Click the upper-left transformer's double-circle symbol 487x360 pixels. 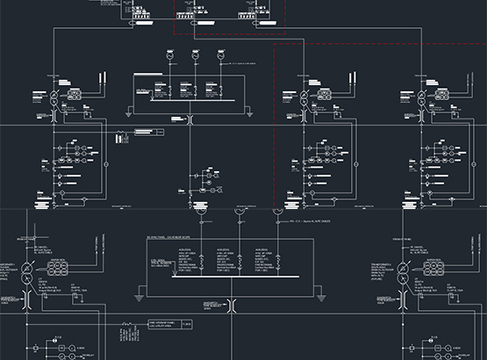(x=54, y=97)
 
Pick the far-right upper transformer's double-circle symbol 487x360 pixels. (x=417, y=97)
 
